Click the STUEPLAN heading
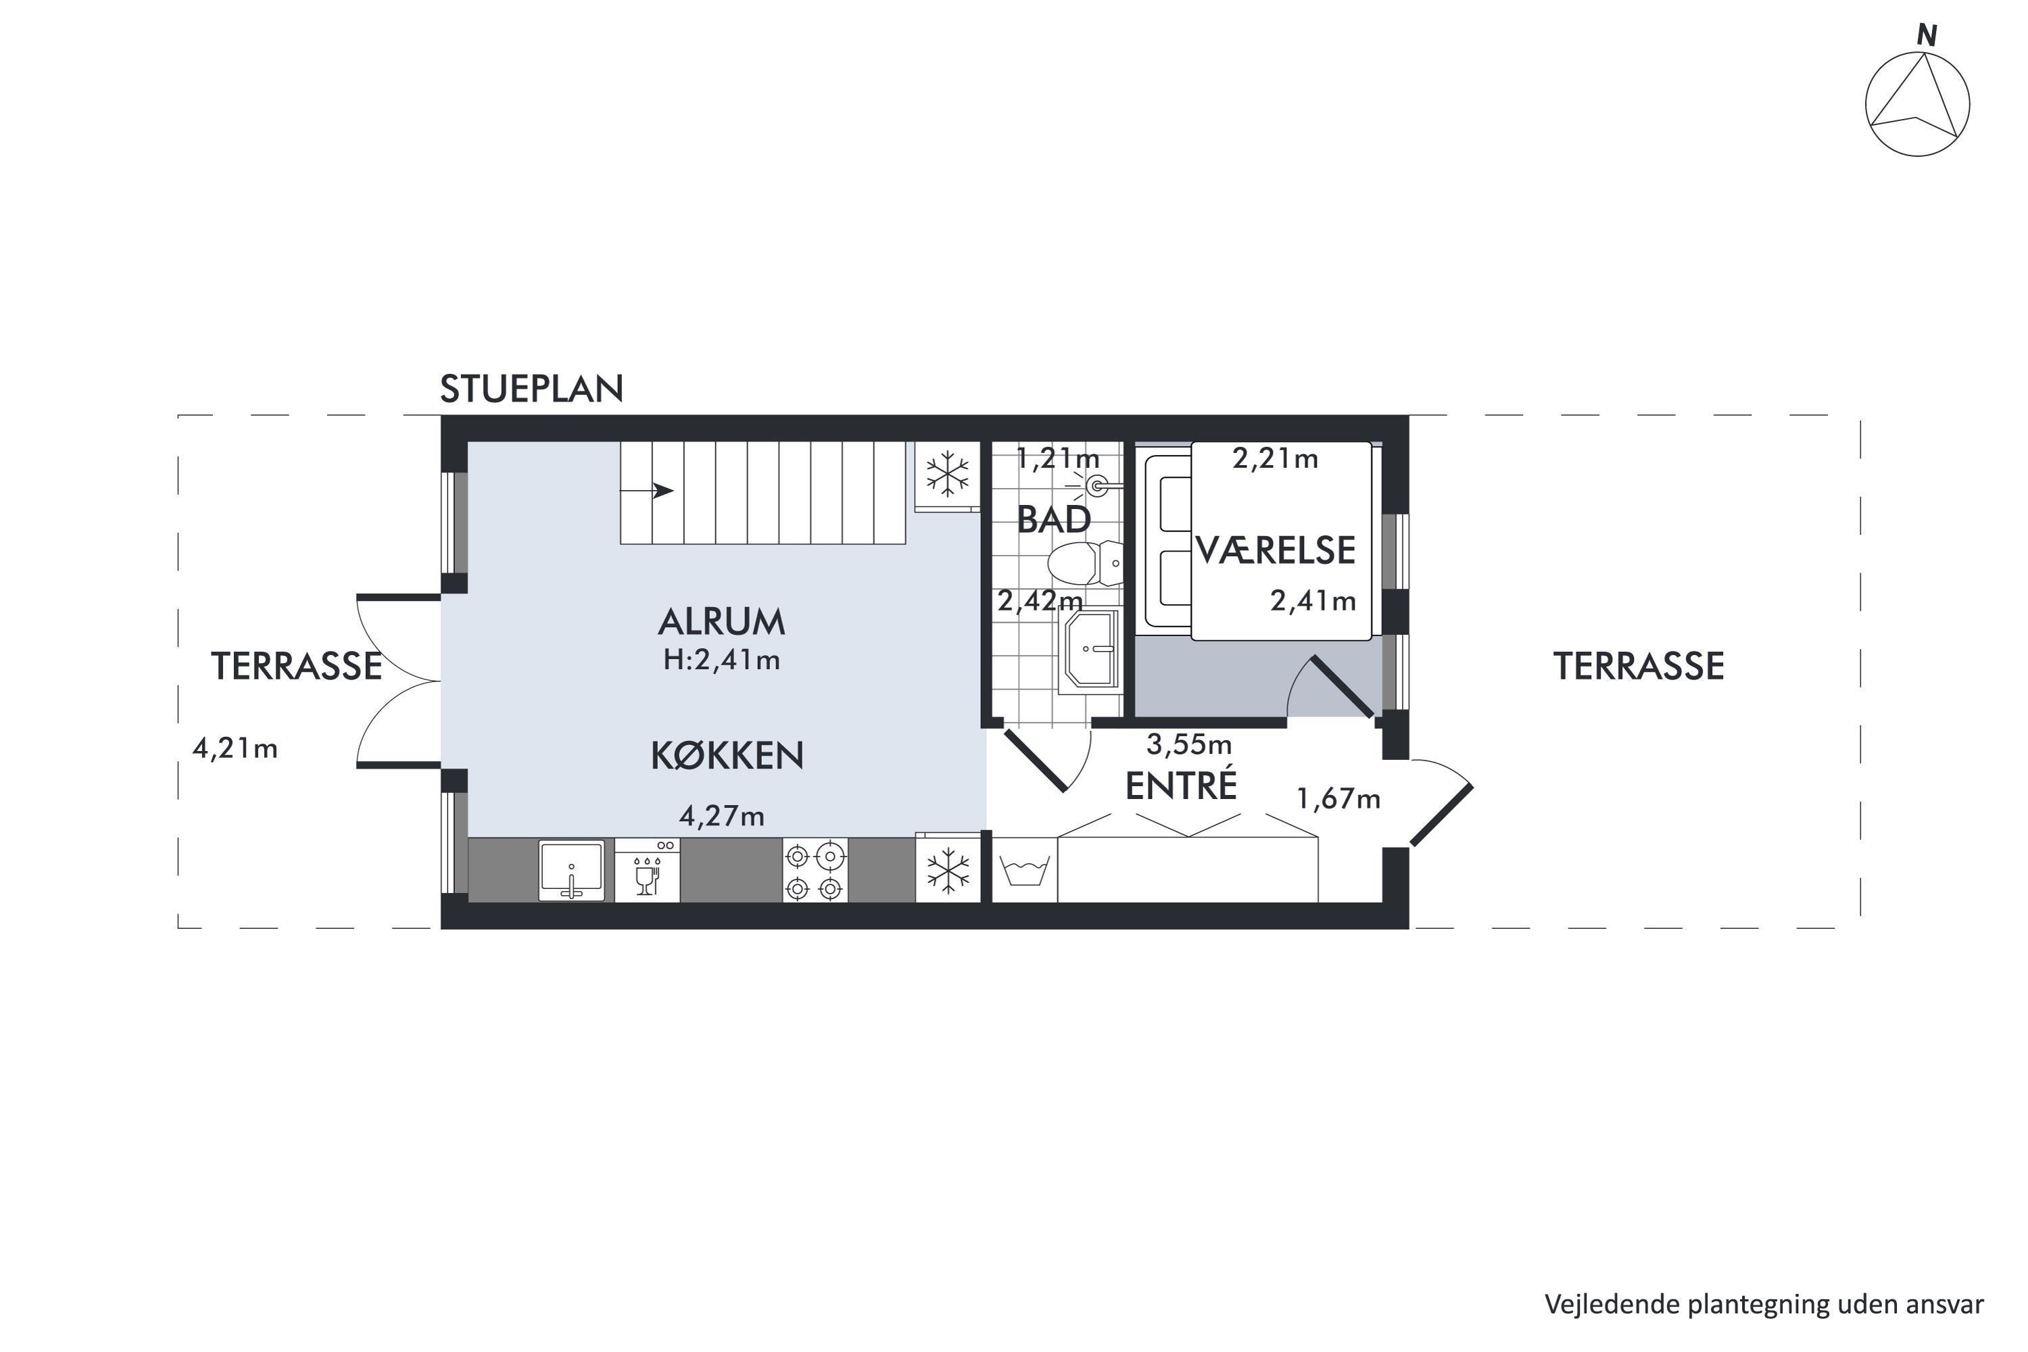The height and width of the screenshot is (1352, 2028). coord(531,389)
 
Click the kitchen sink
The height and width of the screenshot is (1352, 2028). coord(571,871)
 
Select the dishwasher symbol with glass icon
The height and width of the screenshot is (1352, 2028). coord(648,871)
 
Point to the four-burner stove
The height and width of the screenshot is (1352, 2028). coord(815,871)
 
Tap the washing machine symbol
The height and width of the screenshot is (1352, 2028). coord(1024,870)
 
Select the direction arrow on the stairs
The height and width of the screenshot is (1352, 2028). coord(647,491)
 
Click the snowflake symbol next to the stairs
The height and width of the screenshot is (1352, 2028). coord(948,475)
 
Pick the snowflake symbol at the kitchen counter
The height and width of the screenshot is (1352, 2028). coord(948,870)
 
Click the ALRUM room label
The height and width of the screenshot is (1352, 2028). coord(722,622)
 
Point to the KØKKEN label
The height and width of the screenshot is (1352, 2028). coord(727,755)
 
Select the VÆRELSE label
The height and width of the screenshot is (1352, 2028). coord(1275,550)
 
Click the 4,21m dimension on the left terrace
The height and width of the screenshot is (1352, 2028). coord(235,748)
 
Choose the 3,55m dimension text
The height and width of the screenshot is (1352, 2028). coord(1189,743)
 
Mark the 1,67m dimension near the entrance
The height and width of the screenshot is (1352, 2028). coord(1338,799)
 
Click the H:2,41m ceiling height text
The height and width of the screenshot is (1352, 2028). coord(722,660)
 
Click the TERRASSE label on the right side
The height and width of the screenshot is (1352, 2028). coord(1638,667)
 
